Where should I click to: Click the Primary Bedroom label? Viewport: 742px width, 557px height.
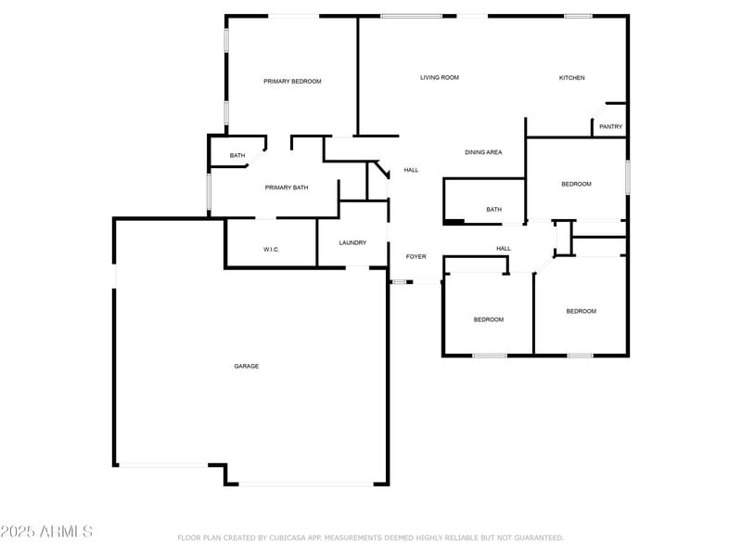pos(292,82)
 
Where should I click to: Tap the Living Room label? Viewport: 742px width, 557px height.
pos(440,78)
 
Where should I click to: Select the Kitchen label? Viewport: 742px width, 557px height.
pos(571,78)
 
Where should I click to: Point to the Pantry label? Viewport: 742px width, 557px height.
pos(610,127)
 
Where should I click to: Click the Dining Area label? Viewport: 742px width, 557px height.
pos(483,152)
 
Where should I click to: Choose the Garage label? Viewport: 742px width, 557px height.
pos(246,367)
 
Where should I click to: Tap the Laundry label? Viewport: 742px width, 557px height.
pos(352,243)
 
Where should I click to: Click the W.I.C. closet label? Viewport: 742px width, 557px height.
pos(272,250)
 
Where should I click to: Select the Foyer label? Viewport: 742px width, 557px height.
pos(416,256)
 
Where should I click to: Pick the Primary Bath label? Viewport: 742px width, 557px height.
pos(287,188)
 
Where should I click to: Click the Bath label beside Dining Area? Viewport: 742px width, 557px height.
pos(493,210)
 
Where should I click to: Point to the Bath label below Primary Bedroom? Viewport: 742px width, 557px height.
pos(237,156)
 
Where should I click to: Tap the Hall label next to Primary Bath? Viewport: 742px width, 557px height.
pos(411,171)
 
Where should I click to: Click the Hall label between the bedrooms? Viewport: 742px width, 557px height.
pos(504,249)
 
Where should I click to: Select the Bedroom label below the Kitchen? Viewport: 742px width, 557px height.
pos(576,185)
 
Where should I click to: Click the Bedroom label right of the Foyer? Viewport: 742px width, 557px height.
pos(489,320)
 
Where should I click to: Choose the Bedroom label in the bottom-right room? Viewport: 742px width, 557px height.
pos(582,312)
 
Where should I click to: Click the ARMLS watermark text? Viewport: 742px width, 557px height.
pos(47,532)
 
